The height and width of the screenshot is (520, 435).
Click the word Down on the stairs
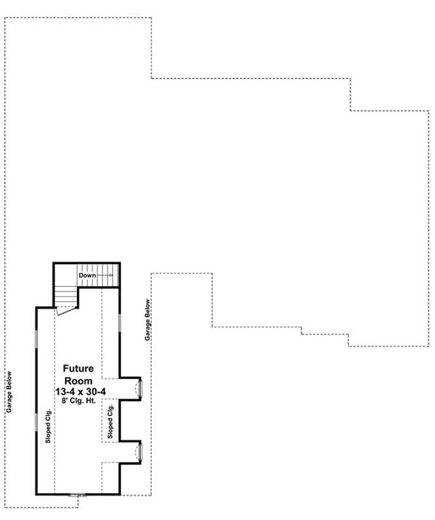coord(87,275)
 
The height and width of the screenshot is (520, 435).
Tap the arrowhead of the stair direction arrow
coord(110,275)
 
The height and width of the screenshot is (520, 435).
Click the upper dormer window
coord(140,389)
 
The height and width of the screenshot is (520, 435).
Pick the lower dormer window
coord(140,452)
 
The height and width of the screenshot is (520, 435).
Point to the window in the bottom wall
coord(78,495)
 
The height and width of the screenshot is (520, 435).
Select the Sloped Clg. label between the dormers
coord(110,421)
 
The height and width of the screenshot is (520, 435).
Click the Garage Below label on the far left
coord(9,392)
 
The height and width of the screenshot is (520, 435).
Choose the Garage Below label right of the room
coord(147,320)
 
